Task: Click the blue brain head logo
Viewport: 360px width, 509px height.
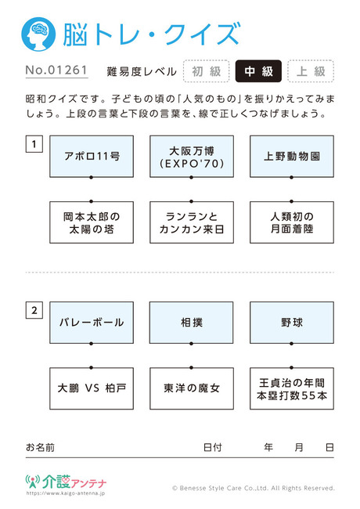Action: coord(38,34)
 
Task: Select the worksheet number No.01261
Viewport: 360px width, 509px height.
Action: coord(56,70)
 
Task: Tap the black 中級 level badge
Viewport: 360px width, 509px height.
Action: coord(258,71)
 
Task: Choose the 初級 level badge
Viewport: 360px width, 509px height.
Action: coord(207,71)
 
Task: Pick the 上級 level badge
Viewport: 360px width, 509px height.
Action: coord(311,71)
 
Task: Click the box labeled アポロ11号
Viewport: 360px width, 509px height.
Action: coord(92,157)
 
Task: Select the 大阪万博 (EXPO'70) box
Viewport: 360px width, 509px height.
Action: coord(192,157)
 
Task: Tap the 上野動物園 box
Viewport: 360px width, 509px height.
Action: coord(292,157)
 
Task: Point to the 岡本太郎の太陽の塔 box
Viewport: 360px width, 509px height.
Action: coord(92,222)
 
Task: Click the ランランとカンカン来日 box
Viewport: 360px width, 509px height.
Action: coord(192,222)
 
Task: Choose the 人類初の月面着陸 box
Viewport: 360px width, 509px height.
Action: coord(292,222)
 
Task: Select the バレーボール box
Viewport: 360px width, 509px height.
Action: coord(92,323)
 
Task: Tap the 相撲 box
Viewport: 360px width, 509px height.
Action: coord(192,323)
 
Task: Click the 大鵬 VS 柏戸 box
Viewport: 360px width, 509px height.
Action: coord(92,388)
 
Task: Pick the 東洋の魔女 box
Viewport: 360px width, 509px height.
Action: coord(192,388)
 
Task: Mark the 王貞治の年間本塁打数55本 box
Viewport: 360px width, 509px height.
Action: coord(292,388)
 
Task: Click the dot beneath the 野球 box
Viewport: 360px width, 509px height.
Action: coord(292,344)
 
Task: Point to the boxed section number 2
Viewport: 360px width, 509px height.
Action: coord(34,310)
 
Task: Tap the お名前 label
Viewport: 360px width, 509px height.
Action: coord(40,448)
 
